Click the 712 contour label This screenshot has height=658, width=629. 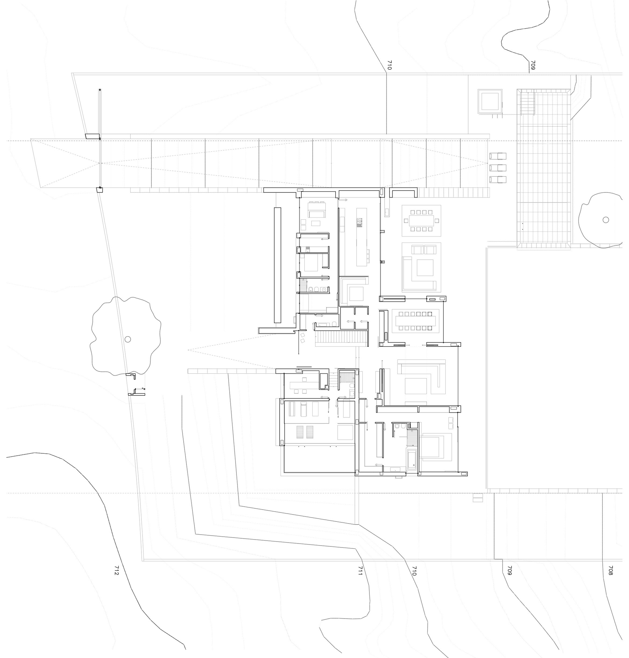click(x=116, y=570)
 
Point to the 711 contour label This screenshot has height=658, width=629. click(x=360, y=570)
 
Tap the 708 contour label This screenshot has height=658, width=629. click(x=610, y=570)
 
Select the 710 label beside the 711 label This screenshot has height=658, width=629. click(x=414, y=570)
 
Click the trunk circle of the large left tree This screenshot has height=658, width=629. click(x=128, y=339)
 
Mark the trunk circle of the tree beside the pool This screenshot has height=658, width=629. click(x=606, y=220)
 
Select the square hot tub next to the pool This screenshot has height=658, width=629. click(x=490, y=102)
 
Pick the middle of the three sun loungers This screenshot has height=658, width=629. click(x=498, y=167)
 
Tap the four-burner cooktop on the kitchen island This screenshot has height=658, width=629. click(x=360, y=222)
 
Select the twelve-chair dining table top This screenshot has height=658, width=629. click(x=416, y=321)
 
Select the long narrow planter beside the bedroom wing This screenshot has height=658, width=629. click(x=278, y=265)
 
